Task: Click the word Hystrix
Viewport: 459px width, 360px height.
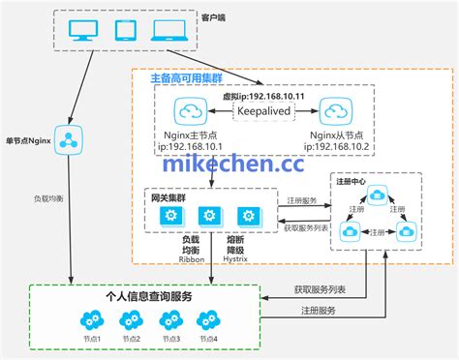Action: pos(239,258)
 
